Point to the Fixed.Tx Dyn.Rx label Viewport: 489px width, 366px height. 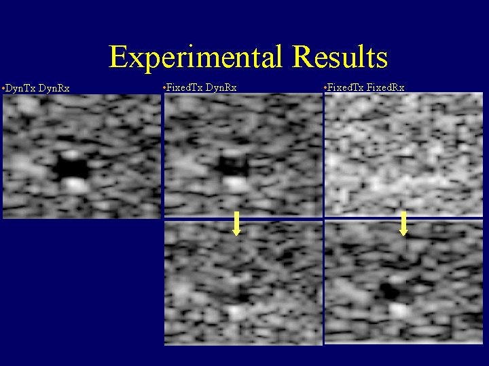[x=203, y=87]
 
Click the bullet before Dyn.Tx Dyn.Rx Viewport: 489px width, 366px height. [x=4, y=88]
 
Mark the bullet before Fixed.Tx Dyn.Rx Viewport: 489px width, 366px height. [x=165, y=88]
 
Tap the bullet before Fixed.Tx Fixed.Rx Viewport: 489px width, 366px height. [x=327, y=88]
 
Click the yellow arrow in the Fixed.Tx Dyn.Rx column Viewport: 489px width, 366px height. [x=236, y=224]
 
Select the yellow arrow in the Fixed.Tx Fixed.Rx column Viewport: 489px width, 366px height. [x=403, y=224]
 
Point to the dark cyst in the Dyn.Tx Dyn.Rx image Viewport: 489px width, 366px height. [x=71, y=165]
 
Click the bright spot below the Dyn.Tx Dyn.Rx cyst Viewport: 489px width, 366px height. [x=76, y=184]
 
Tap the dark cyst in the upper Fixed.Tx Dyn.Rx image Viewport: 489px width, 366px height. [x=232, y=165]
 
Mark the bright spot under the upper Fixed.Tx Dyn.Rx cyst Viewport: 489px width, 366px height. [x=236, y=184]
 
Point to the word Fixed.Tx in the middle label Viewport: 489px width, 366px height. [x=185, y=87]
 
